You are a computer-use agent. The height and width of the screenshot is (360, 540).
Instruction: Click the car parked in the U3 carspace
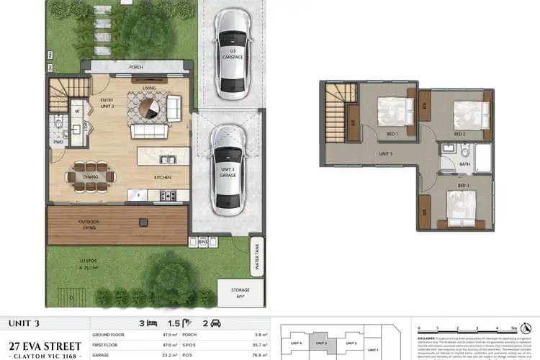(233, 54)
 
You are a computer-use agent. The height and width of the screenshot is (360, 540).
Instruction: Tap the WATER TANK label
(254, 256)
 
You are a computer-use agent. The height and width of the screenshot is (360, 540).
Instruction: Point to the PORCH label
(135, 67)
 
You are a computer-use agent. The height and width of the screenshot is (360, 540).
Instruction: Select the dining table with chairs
(91, 176)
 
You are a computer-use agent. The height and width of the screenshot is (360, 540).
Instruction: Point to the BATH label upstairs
(464, 164)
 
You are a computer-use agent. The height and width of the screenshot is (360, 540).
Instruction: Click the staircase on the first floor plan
(335, 107)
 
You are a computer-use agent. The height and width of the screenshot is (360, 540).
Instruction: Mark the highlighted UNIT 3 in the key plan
(321, 343)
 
